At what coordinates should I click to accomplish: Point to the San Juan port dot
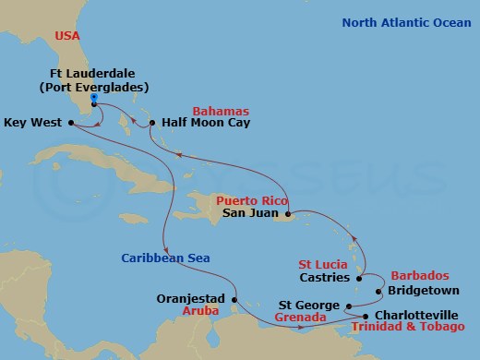pos(288,211)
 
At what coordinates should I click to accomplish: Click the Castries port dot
pos(358,277)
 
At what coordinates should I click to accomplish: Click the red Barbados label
pos(418,275)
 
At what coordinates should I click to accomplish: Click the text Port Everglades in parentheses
pos(97,88)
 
